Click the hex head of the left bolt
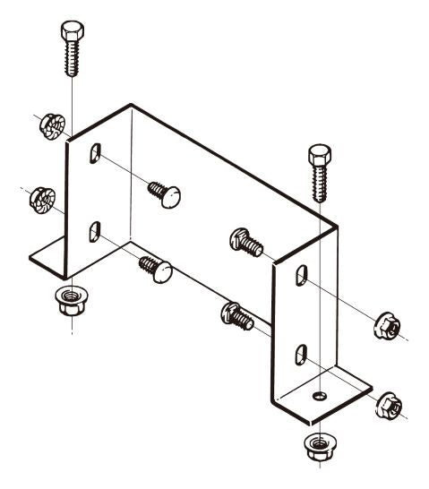[72, 33]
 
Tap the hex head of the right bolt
[320, 155]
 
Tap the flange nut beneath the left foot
[67, 300]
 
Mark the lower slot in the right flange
[303, 352]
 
